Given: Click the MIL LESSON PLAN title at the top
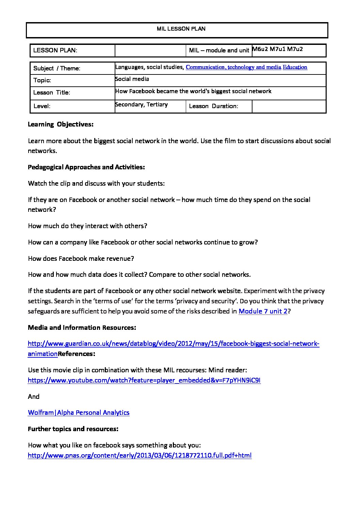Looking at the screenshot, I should coord(181,29).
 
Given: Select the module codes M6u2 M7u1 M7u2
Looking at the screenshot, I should coord(277,49).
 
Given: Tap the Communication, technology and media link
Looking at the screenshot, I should coord(233,67).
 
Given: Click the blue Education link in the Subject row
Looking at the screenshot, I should coord(295,67).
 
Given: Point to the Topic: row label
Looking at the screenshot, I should coord(42,80).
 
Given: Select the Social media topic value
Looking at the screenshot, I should coord(132,79).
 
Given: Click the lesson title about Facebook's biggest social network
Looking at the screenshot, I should coord(193,91).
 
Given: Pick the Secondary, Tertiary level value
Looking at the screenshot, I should coord(142,104).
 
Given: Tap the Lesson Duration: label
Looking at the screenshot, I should coord(213,106).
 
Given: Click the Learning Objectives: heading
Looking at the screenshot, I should coord(61,124).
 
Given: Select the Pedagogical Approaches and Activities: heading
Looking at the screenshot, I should coord(86,167).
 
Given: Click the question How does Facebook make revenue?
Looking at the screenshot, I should coord(81,258).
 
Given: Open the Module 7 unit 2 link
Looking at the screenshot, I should coord(263,311).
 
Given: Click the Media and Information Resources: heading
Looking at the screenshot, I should coord(82,327).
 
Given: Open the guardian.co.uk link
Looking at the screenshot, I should coord(174,344).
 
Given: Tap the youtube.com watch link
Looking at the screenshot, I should coord(144,380).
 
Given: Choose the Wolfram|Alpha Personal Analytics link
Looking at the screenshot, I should coord(79,413).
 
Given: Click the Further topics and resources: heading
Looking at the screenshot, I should coord(73,429).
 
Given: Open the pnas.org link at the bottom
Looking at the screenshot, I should coord(140,456).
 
